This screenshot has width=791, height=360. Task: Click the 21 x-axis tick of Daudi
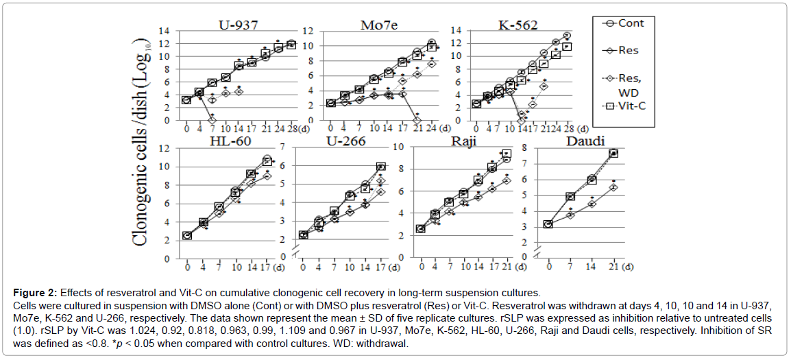[613, 267]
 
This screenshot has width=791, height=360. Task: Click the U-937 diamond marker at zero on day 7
[212, 120]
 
